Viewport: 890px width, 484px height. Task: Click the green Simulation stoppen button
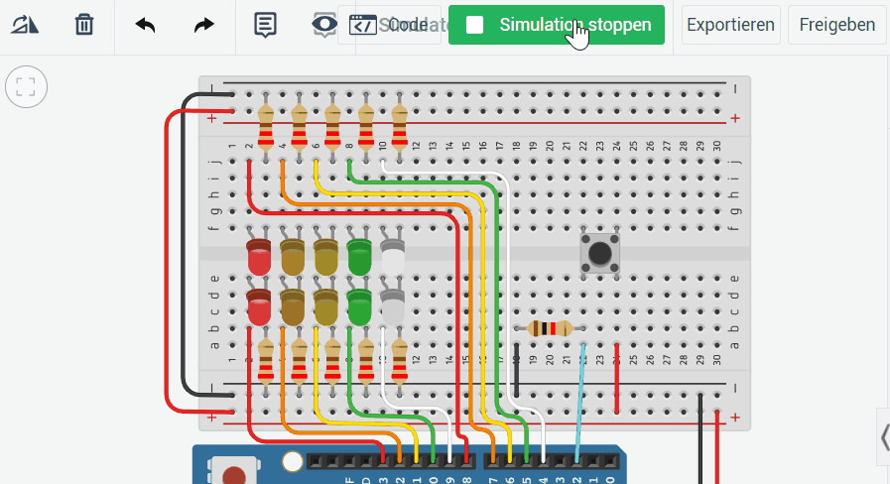556,25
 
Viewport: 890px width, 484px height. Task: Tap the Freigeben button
836,25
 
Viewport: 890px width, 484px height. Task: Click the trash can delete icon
84,25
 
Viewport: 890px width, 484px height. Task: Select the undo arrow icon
145,25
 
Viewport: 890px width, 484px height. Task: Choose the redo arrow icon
203,25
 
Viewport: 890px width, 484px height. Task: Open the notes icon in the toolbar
265,25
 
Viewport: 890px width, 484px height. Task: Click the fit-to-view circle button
26,86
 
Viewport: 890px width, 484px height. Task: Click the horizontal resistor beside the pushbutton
550,328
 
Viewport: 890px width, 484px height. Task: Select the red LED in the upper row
259,258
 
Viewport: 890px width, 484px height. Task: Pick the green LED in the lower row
359,308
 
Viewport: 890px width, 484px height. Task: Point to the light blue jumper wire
579,397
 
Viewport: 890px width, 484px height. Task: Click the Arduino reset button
233,475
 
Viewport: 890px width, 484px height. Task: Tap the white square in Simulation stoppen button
475,25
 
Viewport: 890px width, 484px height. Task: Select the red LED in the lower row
259,308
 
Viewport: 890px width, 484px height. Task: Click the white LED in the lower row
393,308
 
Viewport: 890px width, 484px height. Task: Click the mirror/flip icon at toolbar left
25,25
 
